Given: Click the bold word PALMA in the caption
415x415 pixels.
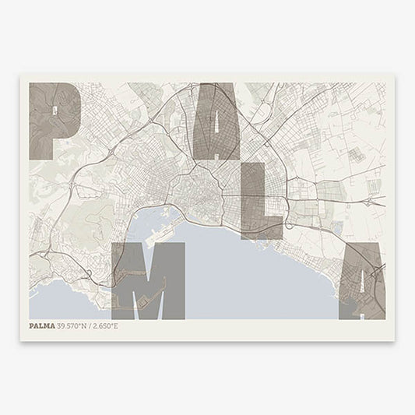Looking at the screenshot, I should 42,326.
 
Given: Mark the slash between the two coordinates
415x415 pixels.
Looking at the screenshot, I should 91,326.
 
